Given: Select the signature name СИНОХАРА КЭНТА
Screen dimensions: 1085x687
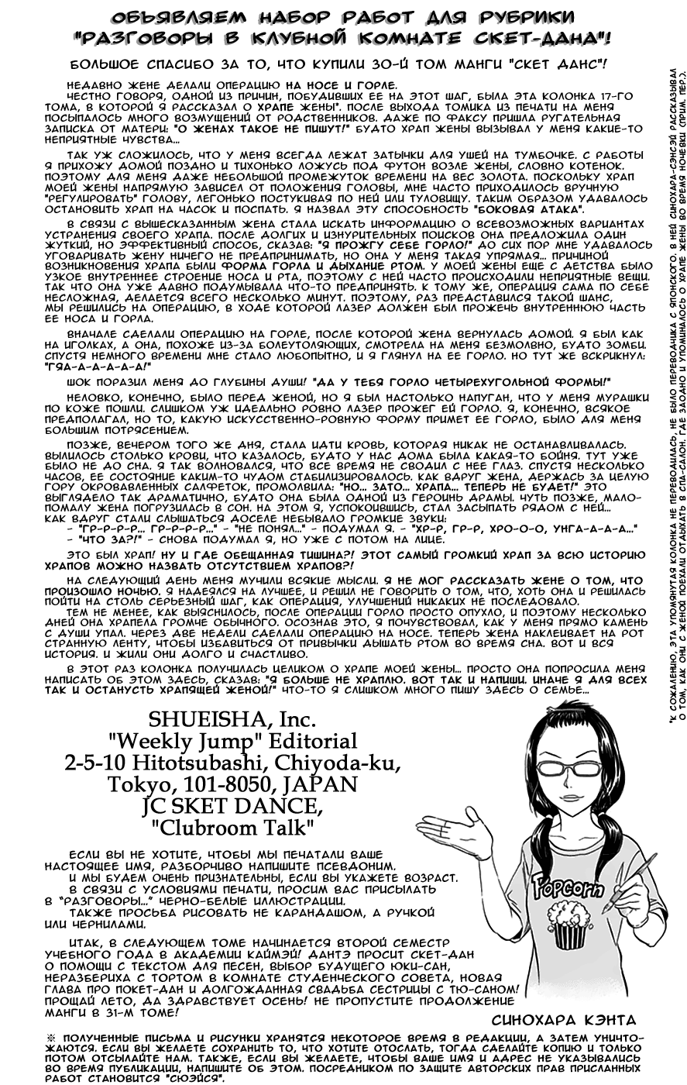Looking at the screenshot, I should [563, 1019].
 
